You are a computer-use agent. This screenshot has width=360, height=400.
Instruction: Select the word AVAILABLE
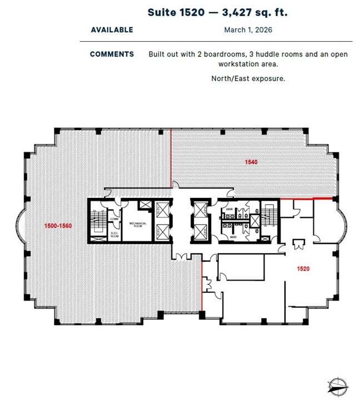(112, 29)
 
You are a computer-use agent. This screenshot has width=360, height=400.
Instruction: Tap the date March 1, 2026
(248, 29)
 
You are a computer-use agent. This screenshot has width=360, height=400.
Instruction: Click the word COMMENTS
(112, 54)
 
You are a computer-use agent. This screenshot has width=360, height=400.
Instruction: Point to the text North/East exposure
(248, 78)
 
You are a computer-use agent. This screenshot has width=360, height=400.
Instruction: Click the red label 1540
(252, 162)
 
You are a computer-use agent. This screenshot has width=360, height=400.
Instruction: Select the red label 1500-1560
(58, 226)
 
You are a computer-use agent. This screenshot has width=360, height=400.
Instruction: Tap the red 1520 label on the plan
(303, 268)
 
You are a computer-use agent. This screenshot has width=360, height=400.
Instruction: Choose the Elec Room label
(114, 234)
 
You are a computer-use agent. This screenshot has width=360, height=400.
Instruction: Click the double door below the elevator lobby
(181, 256)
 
